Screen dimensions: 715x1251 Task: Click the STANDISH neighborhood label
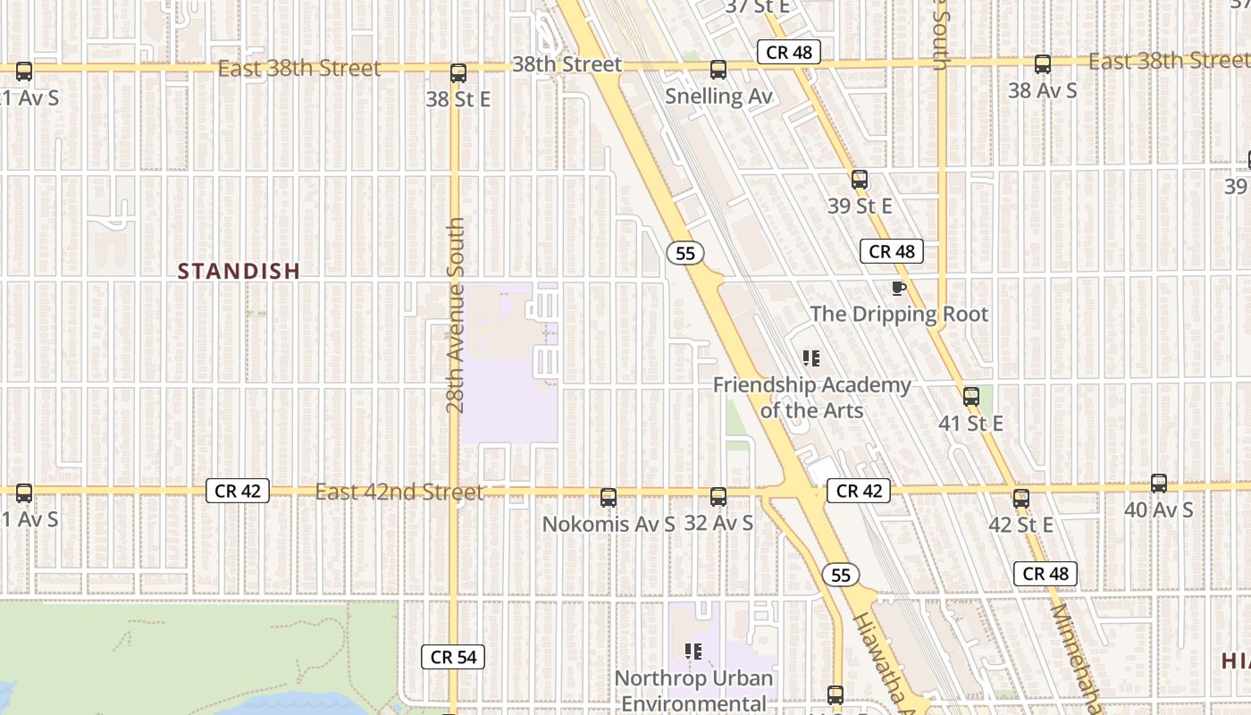(x=239, y=272)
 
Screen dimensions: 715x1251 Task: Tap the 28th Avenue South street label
(x=456, y=315)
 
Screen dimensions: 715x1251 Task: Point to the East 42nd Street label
(x=399, y=492)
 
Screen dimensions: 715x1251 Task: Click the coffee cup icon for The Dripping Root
(x=898, y=288)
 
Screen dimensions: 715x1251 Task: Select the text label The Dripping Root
(x=899, y=315)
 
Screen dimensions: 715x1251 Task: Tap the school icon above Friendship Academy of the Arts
(x=811, y=359)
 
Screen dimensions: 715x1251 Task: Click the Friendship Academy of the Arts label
(x=811, y=398)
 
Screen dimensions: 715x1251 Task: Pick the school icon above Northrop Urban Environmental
(x=693, y=652)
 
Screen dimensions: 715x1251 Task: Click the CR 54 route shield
(x=453, y=658)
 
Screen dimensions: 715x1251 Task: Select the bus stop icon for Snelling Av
(x=718, y=70)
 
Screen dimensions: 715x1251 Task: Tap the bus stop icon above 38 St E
(x=458, y=73)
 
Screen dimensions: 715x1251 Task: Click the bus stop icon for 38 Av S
(x=1042, y=64)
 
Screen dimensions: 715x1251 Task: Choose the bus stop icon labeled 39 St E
(x=860, y=180)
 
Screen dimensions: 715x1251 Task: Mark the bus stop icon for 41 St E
(x=971, y=397)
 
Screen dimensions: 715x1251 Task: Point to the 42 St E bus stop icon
(x=1021, y=499)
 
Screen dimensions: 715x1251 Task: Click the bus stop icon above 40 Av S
(x=1159, y=484)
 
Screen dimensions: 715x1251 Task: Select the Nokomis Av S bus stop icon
(x=609, y=498)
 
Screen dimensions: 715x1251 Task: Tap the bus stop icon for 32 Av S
(x=718, y=497)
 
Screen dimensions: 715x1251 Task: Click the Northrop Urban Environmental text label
(x=693, y=690)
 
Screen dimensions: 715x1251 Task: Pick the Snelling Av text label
(x=718, y=96)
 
